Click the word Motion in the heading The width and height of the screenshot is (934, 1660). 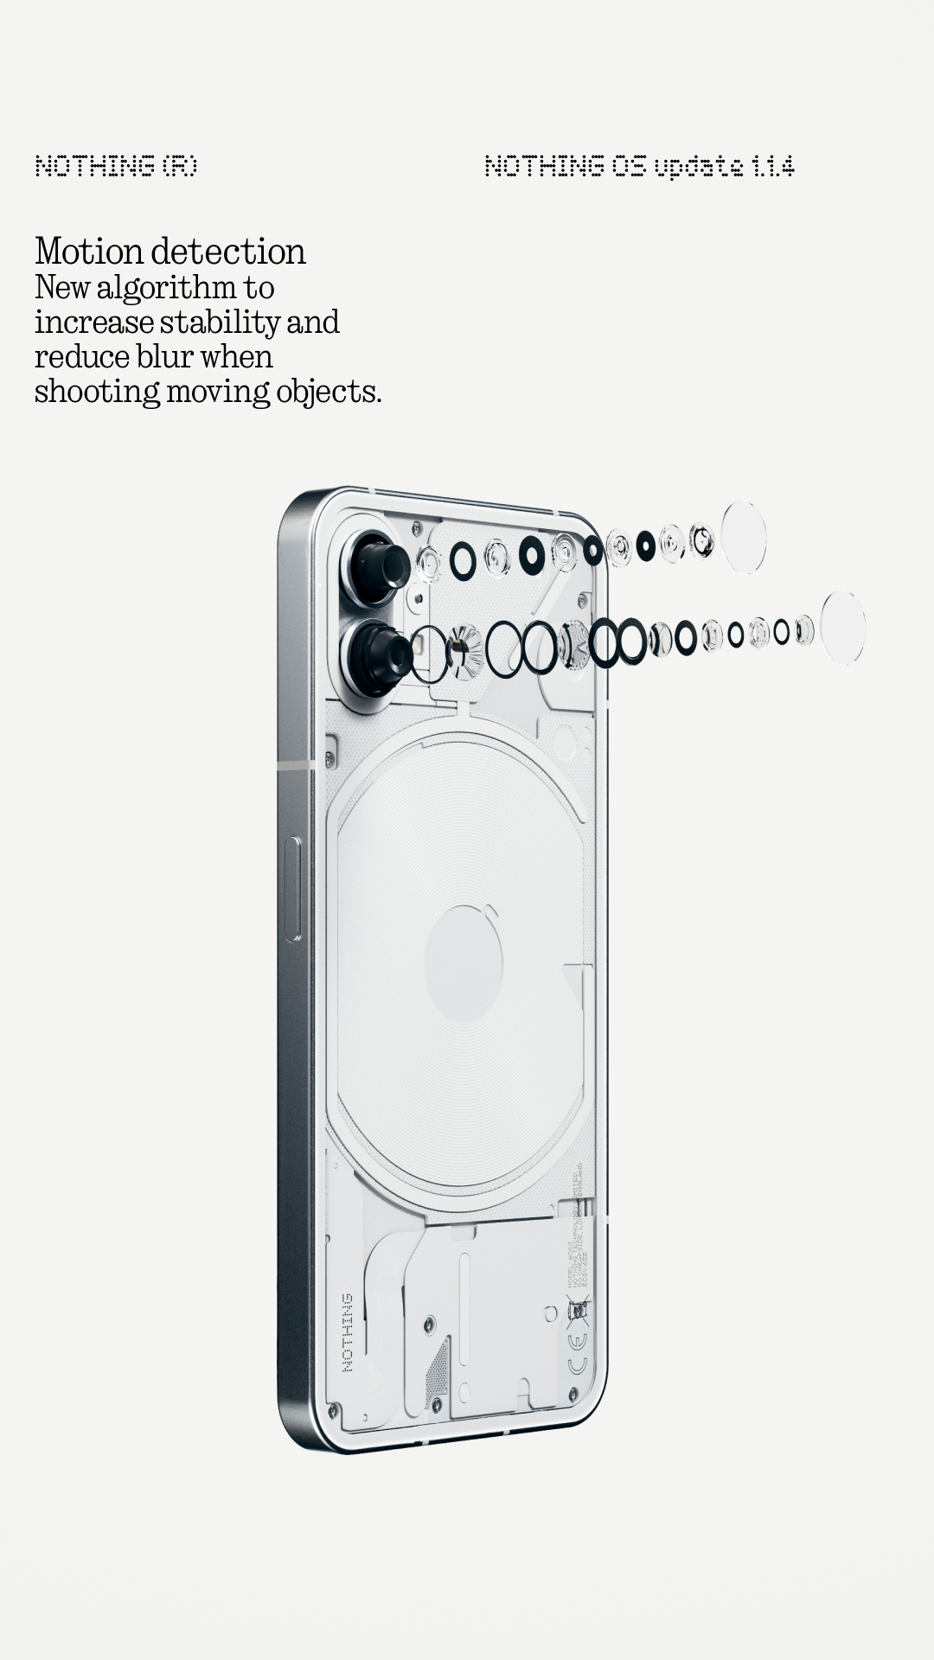tap(89, 252)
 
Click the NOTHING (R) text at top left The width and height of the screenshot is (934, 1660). tap(116, 166)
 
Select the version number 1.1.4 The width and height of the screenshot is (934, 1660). tap(772, 166)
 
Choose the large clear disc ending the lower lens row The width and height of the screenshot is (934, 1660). tap(842, 628)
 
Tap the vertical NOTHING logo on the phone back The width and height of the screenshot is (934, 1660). tap(348, 1332)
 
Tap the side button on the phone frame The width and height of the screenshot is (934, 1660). tap(293, 888)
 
